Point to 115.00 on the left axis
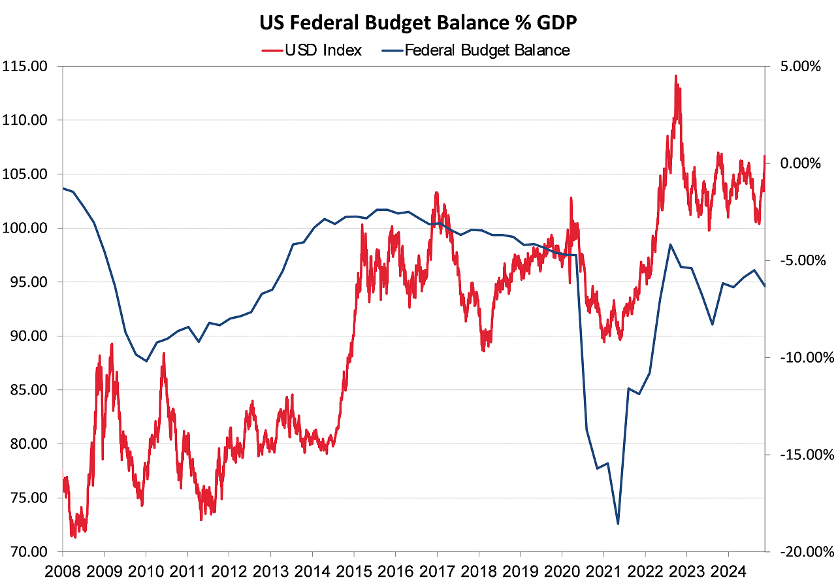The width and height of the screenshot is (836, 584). [25, 66]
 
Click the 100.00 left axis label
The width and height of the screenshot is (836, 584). [25, 228]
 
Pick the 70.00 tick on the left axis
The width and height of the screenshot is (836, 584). [25, 552]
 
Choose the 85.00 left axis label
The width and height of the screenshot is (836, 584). [25, 390]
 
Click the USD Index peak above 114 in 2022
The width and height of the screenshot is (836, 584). [676, 76]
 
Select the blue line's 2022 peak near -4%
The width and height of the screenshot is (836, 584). [670, 244]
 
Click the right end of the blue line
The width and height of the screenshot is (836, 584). [765, 285]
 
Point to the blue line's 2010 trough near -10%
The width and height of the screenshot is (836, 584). [146, 361]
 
